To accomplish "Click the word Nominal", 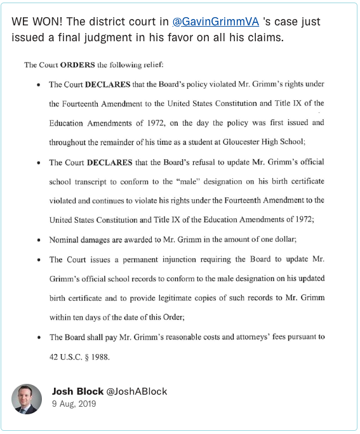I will coord(65,240).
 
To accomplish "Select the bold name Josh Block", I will coord(77,391).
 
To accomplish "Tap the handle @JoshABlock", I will coord(137,391).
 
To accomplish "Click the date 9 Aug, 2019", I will coord(74,404).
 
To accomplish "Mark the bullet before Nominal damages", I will coord(40,240).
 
